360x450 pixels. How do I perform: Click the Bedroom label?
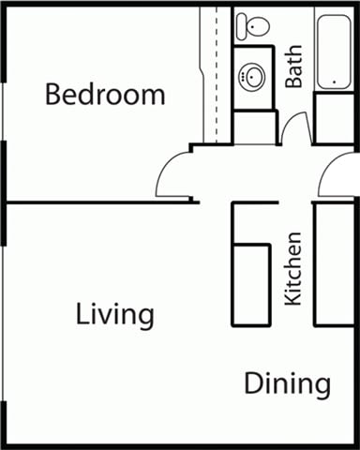click(105, 95)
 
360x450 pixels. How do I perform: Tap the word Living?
click(114, 314)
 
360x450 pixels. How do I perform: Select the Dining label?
click(288, 383)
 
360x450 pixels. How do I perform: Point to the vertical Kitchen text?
click(293, 268)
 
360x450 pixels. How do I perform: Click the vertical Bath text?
click(294, 68)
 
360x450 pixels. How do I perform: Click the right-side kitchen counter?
click(333, 263)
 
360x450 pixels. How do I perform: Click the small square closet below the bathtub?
click(334, 118)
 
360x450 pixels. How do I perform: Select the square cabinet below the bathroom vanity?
click(253, 127)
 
